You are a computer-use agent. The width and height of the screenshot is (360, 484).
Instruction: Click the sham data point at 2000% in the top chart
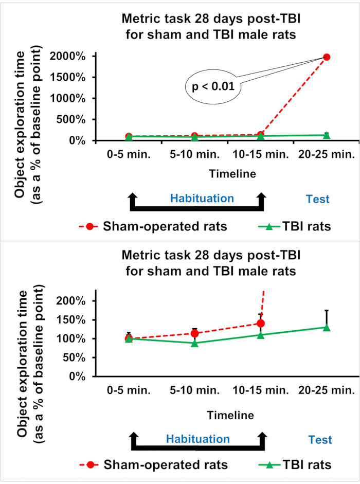click(x=326, y=57)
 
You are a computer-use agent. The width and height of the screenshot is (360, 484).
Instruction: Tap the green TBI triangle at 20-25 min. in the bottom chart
click(x=326, y=327)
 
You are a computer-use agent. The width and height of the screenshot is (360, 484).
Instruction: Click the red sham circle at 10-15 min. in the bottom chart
click(x=260, y=323)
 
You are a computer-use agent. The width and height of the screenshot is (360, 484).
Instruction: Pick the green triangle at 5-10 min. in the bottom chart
click(x=194, y=343)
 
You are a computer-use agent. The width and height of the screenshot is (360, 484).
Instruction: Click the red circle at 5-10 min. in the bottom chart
click(x=194, y=333)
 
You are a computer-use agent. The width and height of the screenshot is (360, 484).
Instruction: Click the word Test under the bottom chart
click(x=320, y=440)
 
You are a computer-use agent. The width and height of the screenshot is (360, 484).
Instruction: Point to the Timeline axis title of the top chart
click(x=231, y=173)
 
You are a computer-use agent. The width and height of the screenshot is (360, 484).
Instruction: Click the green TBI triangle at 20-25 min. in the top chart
click(x=326, y=135)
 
